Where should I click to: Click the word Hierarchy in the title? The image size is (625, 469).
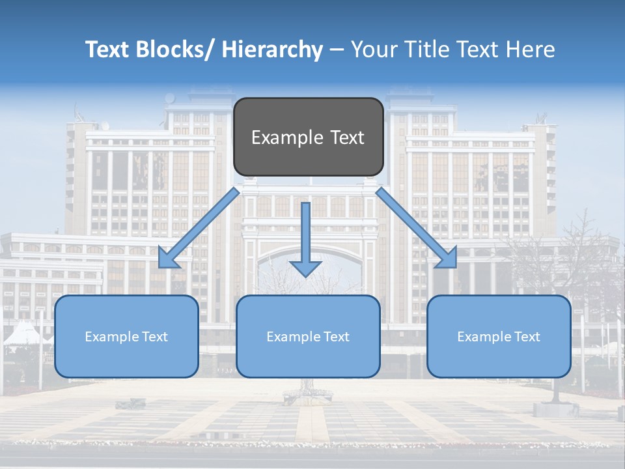(271, 50)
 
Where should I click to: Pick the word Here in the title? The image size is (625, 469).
(533, 50)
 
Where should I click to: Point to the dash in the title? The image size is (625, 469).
(337, 50)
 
